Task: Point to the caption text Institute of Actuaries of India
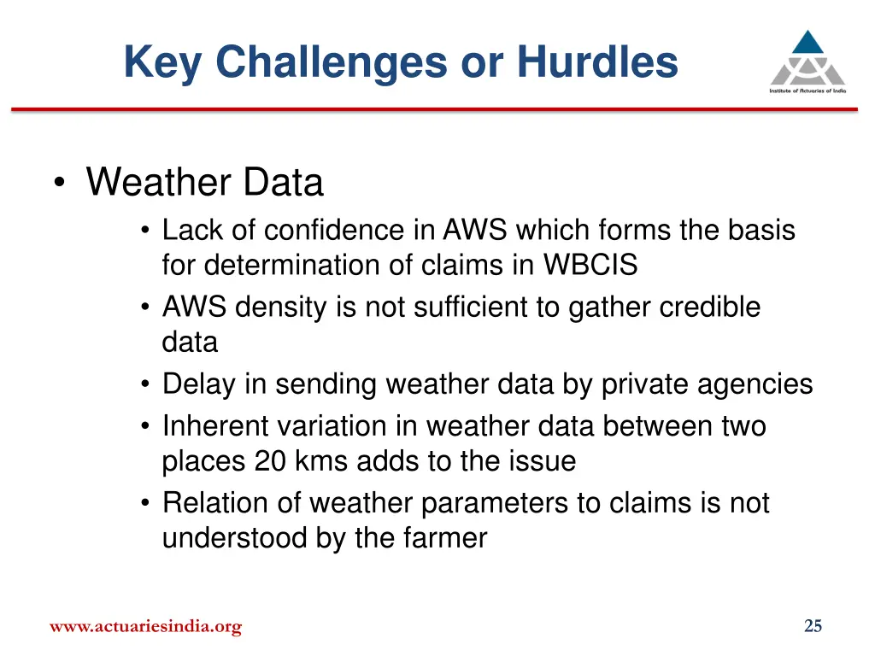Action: [807, 90]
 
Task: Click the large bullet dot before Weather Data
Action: [59, 184]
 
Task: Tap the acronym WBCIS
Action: [590, 266]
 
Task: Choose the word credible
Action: [709, 307]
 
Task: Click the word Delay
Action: [198, 384]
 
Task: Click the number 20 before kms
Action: [271, 461]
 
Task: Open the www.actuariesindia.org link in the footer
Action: [145, 627]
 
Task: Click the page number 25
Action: [813, 626]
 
